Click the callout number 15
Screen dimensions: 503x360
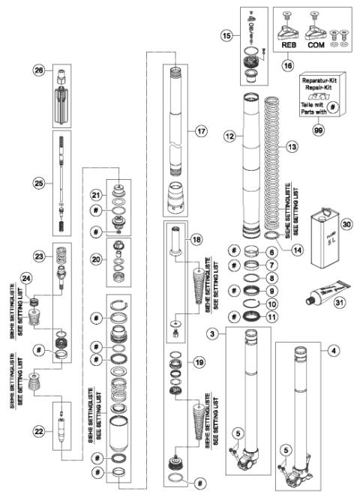tap(226, 35)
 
